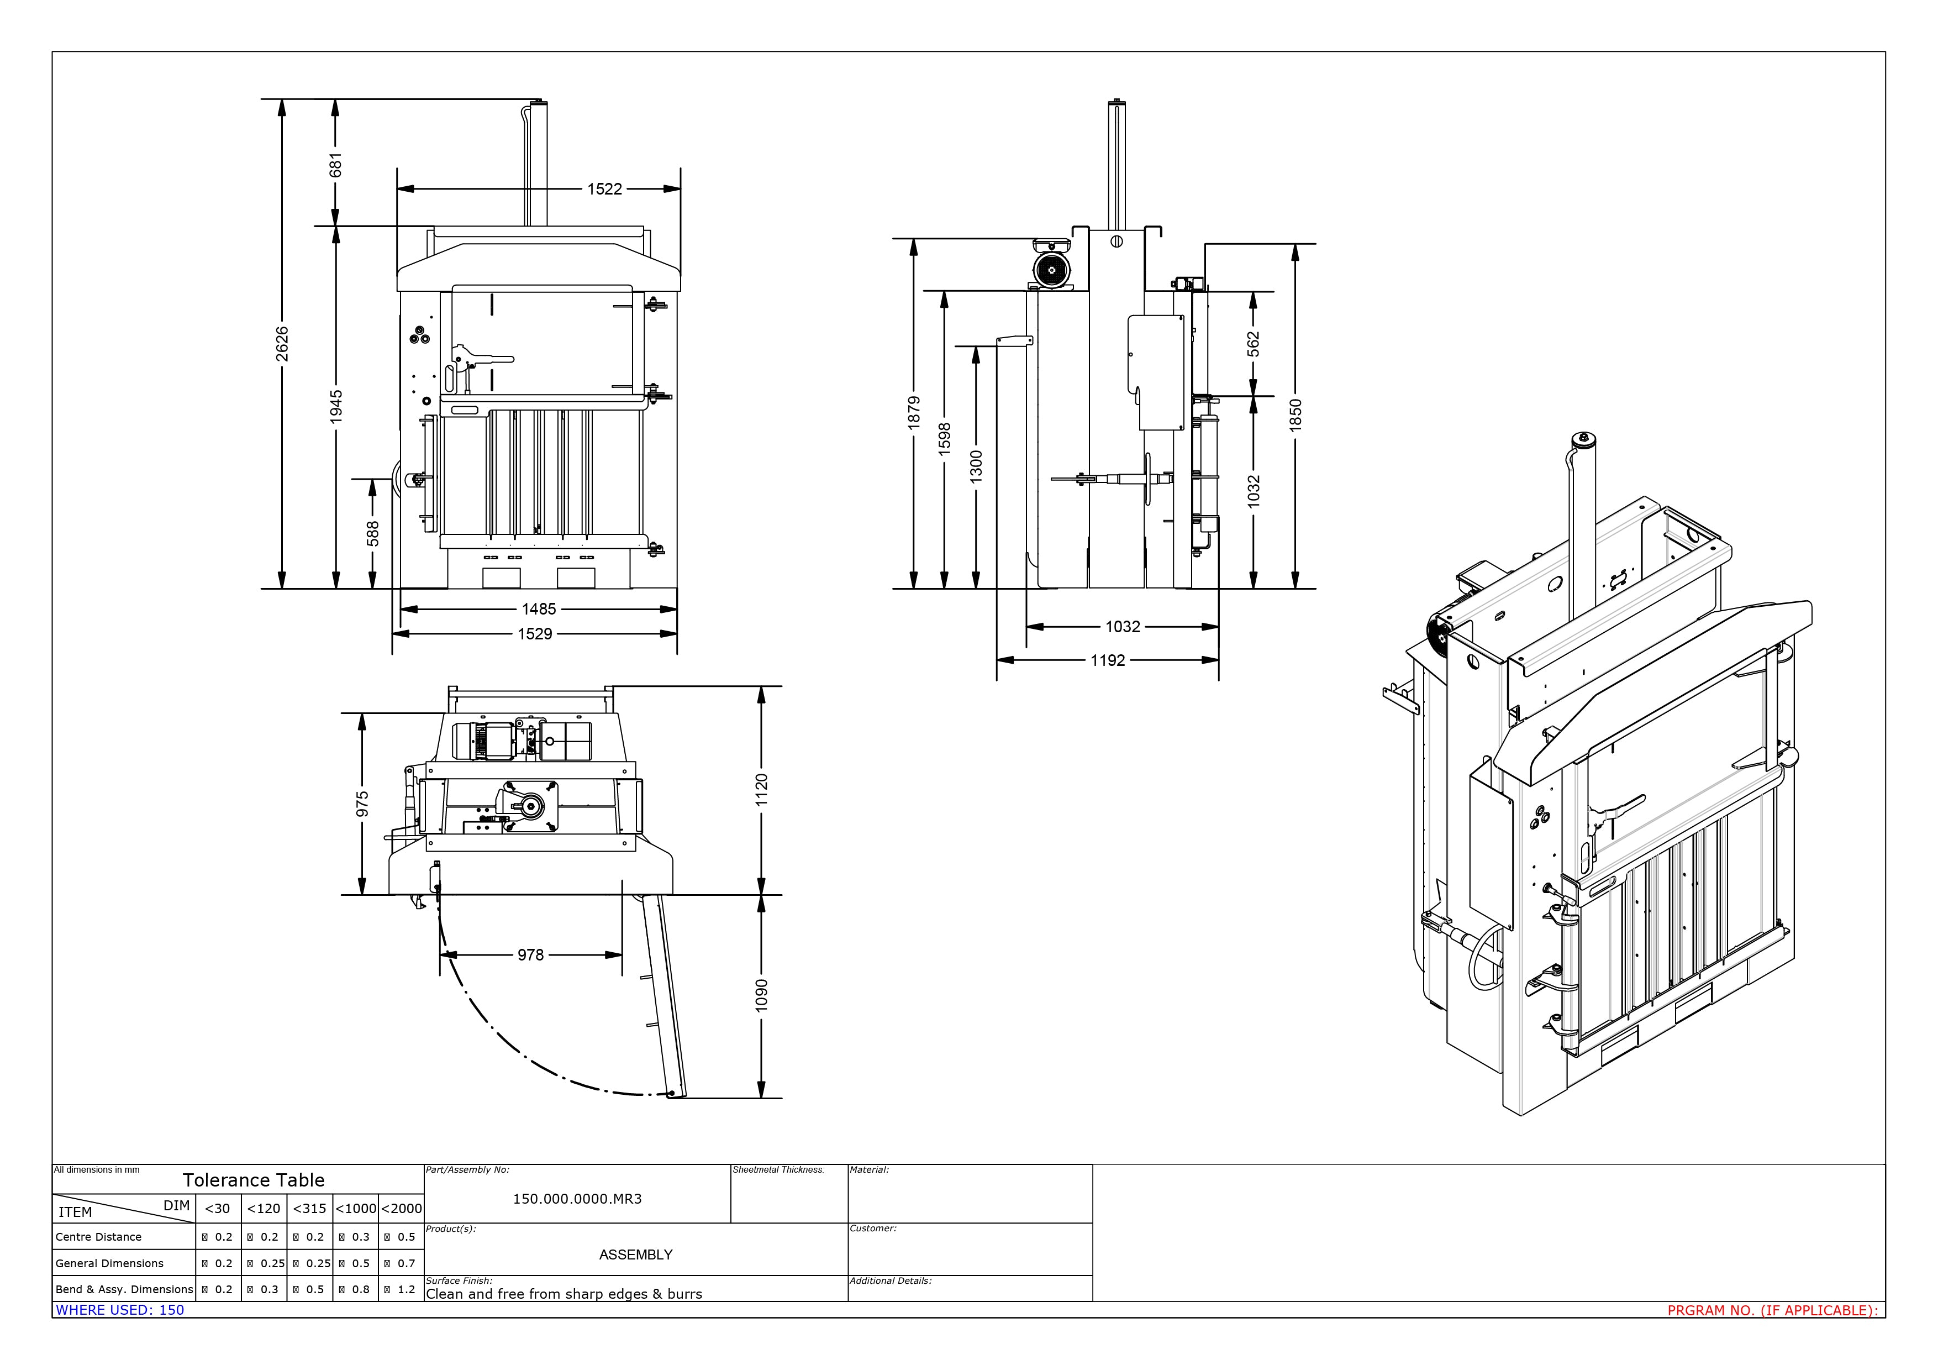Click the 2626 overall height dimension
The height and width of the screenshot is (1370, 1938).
click(282, 344)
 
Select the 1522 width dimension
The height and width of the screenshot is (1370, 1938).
click(604, 189)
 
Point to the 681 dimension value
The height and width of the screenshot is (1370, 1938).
click(336, 165)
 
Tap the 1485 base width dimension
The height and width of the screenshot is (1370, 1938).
click(539, 608)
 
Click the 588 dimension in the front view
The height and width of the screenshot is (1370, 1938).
click(372, 533)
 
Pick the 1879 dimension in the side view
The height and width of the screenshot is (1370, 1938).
click(913, 413)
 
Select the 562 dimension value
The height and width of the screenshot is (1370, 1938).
click(1254, 344)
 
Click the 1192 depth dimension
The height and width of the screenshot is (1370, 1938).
click(1108, 660)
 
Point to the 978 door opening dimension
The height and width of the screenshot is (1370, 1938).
click(530, 955)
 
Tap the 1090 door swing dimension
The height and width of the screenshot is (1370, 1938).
click(761, 995)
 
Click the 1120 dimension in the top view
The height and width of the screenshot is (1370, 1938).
click(761, 790)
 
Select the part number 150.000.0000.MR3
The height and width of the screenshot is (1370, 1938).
click(577, 1199)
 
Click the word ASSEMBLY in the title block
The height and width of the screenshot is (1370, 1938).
click(635, 1254)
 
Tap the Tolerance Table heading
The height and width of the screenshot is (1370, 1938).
click(253, 1180)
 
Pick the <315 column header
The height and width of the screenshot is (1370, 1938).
click(309, 1209)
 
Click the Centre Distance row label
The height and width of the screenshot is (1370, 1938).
click(99, 1237)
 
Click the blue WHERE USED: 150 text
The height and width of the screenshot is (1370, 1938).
click(120, 1310)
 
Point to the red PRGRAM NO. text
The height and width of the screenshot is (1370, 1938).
click(1773, 1310)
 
